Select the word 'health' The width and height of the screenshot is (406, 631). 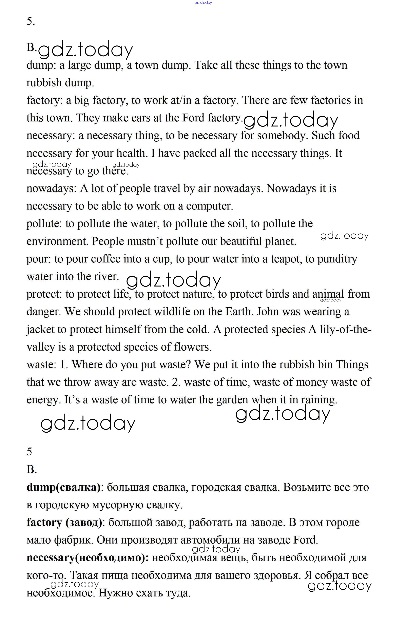coord(131,153)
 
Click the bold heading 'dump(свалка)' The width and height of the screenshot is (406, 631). coord(63,487)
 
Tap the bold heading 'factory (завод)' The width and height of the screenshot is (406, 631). coord(64,522)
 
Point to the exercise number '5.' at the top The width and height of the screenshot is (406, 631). coord(31,21)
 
